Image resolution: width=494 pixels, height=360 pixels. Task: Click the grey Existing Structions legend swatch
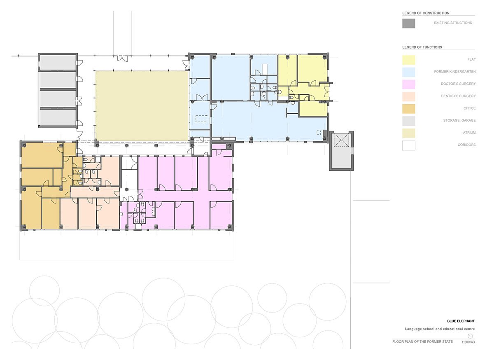tap(409, 23)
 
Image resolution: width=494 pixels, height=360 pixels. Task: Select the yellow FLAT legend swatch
tap(409, 60)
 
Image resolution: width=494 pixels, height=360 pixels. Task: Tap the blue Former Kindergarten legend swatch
tap(409, 72)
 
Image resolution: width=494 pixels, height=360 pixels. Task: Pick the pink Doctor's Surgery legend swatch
tap(409, 84)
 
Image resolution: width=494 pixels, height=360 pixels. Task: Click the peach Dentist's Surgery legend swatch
tap(409, 96)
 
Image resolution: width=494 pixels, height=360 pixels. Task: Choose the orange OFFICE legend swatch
tap(409, 109)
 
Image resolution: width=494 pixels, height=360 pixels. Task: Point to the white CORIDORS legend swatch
tap(409, 145)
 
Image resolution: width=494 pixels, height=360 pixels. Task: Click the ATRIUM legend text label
tap(469, 133)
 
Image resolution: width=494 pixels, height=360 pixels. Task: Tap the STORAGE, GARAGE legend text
tap(459, 121)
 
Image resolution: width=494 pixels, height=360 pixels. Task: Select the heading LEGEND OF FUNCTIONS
tap(422, 47)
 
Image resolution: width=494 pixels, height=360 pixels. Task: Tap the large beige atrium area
tap(142, 106)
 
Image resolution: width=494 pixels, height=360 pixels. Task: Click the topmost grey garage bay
tap(58, 62)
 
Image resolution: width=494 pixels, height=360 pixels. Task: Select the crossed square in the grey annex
tap(341, 140)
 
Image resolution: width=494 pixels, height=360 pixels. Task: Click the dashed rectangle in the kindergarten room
tap(201, 119)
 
